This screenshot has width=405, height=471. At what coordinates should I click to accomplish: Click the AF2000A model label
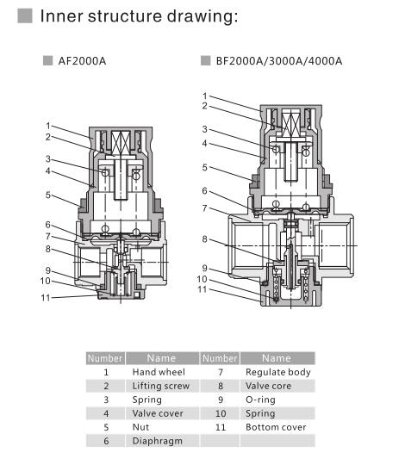click(82, 61)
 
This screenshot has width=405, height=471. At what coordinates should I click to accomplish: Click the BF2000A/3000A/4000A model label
click(279, 61)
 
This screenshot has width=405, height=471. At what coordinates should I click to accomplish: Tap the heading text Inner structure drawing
click(139, 15)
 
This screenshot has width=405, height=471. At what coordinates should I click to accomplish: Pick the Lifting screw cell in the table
click(161, 386)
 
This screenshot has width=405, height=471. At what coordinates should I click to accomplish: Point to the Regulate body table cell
click(277, 372)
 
